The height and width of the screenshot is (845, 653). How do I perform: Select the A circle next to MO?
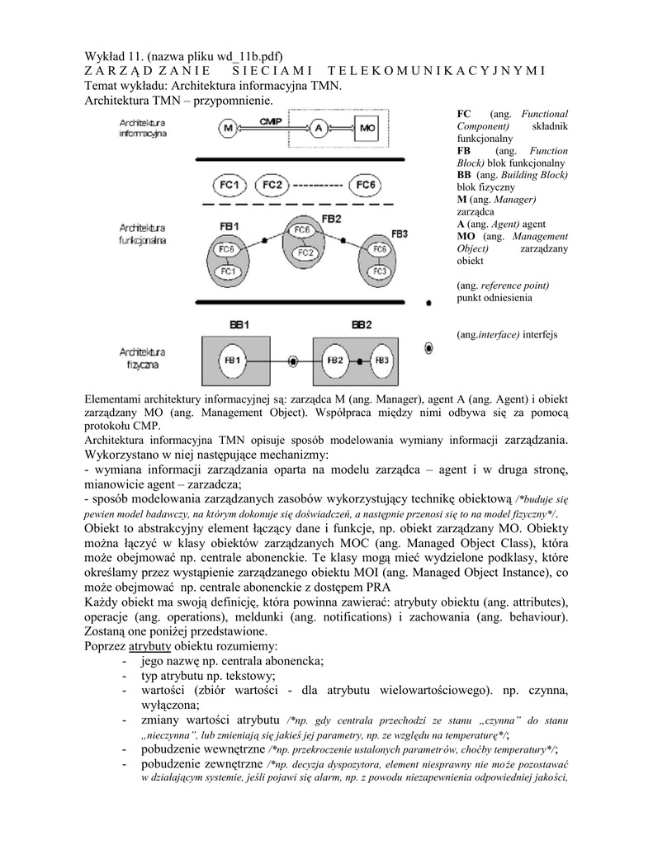pos(319,128)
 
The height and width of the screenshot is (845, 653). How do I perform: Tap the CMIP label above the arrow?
pos(272,121)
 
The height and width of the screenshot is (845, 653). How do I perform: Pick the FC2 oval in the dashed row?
pos(273,184)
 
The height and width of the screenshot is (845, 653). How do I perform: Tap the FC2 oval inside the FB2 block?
pos(305,253)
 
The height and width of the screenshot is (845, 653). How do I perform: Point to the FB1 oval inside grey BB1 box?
pos(232,361)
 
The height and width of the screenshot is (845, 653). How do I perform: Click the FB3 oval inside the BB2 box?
pos(381,361)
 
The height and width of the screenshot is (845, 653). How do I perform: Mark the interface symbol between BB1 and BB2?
pos(292,361)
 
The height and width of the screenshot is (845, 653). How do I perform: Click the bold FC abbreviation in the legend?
pos(464,113)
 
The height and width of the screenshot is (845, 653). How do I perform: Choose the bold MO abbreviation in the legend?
pos(466,236)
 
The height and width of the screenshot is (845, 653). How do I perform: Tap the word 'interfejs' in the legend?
pos(540,335)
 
